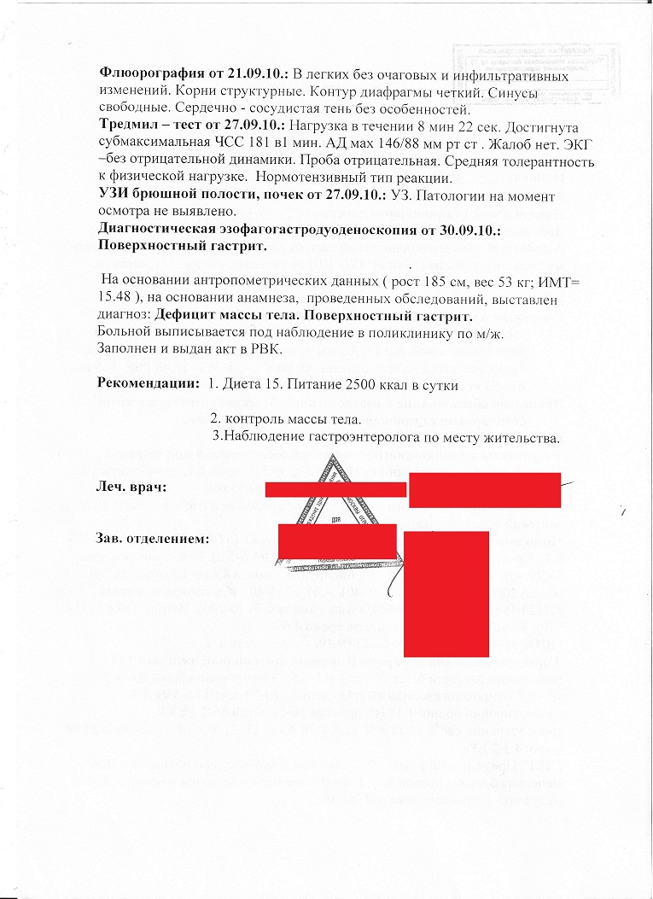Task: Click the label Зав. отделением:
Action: coord(154,540)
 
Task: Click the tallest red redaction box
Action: coord(445,593)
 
